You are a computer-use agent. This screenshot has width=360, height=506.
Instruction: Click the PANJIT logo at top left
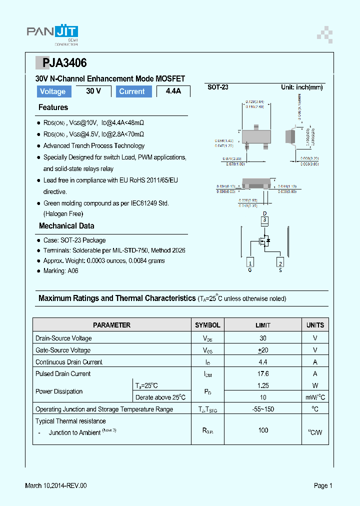click(52, 32)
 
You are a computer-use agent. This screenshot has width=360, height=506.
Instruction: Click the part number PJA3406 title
click(64, 63)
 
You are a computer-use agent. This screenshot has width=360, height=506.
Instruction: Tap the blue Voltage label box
click(53, 91)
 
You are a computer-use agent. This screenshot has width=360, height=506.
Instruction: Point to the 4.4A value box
click(173, 91)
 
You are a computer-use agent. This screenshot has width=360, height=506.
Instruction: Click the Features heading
click(53, 107)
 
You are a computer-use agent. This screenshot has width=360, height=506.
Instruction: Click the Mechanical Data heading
click(66, 226)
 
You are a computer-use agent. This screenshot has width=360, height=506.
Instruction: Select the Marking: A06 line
click(60, 271)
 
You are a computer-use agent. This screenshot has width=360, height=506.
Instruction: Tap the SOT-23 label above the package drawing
click(218, 87)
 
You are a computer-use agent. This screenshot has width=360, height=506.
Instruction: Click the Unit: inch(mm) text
click(301, 87)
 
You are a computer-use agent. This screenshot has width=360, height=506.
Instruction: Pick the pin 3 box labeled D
click(265, 219)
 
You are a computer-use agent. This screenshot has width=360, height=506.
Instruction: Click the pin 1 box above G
click(250, 263)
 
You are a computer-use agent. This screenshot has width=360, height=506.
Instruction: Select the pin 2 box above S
click(280, 263)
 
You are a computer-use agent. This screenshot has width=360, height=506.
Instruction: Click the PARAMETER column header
click(112, 325)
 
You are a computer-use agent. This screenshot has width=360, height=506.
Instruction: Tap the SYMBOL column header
click(207, 325)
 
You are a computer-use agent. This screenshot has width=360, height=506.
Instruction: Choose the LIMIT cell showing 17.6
click(263, 374)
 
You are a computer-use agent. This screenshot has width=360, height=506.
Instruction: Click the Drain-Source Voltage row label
click(63, 338)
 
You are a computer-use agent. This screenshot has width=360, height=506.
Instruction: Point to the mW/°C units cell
click(315, 397)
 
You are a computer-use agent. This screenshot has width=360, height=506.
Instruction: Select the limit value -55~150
click(263, 409)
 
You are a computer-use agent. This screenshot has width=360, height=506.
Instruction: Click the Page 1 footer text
click(323, 485)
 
